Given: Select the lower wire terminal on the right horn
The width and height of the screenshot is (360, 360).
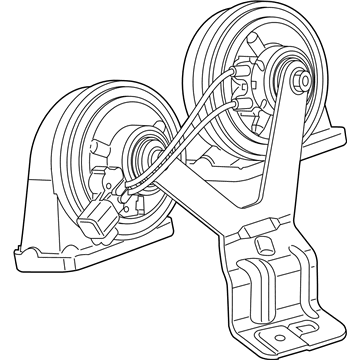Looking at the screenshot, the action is pyautogui.click(x=239, y=104).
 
